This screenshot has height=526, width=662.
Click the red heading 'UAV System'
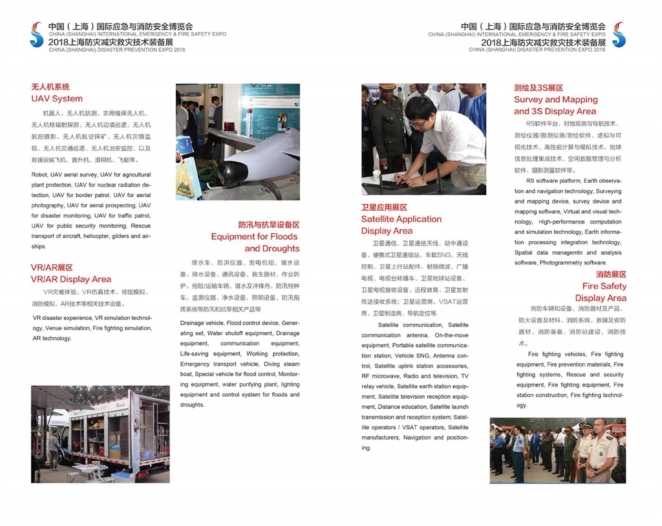click(x=57, y=99)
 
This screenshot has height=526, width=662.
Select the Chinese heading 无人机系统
click(x=50, y=87)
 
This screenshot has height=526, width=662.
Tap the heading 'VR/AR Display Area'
click(x=71, y=279)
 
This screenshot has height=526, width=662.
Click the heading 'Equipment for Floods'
click(x=255, y=237)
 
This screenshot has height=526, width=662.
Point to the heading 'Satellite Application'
click(x=401, y=219)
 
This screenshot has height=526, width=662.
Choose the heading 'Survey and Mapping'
click(x=555, y=100)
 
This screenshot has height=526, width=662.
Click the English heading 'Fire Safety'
click(x=604, y=286)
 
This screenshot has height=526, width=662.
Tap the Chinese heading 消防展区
click(x=611, y=275)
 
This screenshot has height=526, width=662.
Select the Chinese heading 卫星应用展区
click(x=384, y=207)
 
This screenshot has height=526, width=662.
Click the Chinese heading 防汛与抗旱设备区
click(x=268, y=225)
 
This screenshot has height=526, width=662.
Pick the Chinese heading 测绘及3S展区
click(x=539, y=88)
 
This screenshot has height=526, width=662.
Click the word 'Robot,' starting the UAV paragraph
click(x=40, y=174)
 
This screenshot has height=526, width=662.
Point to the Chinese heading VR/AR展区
click(x=52, y=268)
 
